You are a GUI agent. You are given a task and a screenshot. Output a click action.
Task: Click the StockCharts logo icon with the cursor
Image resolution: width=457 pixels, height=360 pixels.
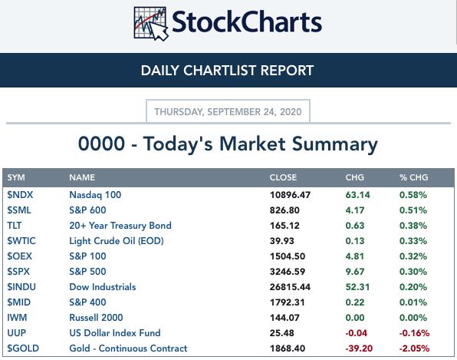click(151, 23)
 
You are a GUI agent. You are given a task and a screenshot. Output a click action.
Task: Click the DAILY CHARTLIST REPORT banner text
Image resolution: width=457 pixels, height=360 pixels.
click(227, 71)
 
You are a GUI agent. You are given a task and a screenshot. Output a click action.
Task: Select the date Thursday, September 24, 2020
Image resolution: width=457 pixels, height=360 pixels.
click(228, 112)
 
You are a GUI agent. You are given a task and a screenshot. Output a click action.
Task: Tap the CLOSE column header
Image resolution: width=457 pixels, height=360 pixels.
click(283, 177)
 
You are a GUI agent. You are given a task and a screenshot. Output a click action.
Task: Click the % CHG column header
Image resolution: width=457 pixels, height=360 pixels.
click(413, 177)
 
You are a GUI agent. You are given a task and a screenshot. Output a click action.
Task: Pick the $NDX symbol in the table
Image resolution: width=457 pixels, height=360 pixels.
click(20, 195)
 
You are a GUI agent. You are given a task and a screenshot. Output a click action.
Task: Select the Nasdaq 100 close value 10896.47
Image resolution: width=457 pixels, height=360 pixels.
click(290, 195)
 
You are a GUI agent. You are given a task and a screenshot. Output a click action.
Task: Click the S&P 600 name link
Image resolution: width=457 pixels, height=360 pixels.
click(87, 210)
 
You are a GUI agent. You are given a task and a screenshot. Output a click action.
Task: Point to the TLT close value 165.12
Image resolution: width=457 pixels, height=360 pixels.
click(284, 226)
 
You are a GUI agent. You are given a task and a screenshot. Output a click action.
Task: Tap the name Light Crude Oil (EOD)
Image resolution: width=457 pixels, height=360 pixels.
click(117, 241)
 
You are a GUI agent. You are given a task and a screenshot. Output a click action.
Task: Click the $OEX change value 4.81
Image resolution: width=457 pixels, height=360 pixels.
click(355, 256)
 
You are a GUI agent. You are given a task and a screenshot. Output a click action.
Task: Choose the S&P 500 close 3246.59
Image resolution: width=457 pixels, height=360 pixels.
click(287, 272)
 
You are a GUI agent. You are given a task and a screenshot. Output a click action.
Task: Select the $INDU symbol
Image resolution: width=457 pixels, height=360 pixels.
click(21, 287)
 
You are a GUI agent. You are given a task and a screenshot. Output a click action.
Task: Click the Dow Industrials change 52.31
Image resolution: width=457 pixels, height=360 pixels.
click(357, 287)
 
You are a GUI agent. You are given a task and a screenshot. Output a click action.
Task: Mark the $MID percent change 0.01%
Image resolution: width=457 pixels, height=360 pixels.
click(413, 302)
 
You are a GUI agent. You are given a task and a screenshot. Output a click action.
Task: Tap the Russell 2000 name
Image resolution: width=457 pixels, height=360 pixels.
click(96, 318)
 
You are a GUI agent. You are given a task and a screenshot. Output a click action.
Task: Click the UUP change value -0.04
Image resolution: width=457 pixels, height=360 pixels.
click(356, 333)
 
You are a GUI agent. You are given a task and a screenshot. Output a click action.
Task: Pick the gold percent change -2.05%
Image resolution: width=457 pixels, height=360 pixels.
click(414, 348)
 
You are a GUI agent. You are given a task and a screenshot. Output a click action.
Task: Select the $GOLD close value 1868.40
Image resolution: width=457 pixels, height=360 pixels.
click(287, 348)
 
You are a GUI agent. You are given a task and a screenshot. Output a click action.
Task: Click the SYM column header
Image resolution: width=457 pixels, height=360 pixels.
click(16, 177)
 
